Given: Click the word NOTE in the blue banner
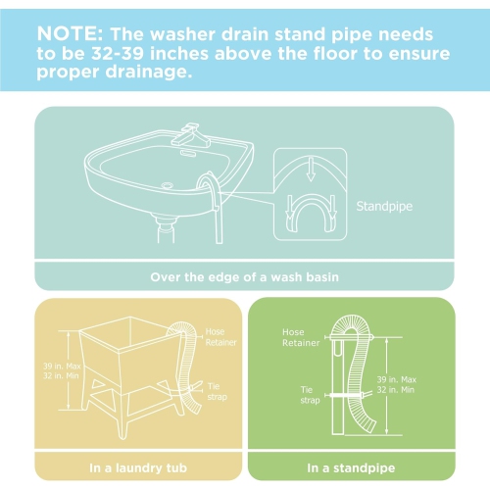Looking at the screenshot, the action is click(70, 33).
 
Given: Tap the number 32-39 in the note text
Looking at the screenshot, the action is click(118, 53).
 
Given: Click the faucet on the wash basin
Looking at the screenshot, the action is click(190, 135).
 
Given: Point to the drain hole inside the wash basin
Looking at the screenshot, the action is click(167, 185).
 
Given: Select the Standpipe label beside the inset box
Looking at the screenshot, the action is click(384, 207).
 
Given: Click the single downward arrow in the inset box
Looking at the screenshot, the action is click(311, 170).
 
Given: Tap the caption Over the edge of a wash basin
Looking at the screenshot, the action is click(244, 277).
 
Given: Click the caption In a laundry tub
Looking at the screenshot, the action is click(138, 467).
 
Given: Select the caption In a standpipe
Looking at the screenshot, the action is click(351, 467).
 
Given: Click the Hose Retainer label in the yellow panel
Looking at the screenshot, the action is click(220, 337).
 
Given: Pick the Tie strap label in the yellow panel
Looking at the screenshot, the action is click(218, 391).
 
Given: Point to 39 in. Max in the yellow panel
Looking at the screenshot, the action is click(62, 366).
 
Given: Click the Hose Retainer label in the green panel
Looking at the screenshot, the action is click(301, 337).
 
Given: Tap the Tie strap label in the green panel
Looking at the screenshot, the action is click(310, 395).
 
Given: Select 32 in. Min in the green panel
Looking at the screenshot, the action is click(396, 390).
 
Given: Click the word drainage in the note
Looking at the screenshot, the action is click(148, 72).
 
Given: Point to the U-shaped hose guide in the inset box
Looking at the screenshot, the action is click(311, 214).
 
